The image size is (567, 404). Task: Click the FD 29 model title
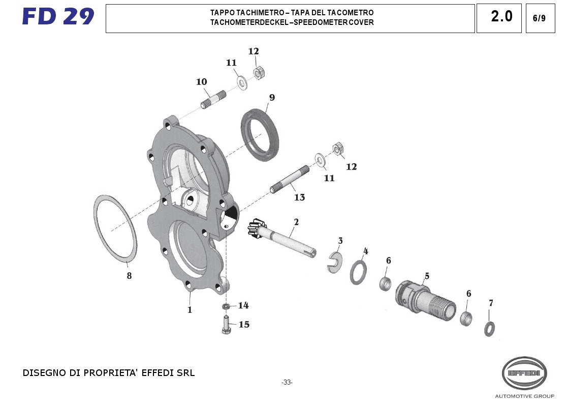[58, 17]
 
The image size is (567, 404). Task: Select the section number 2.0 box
[501, 17]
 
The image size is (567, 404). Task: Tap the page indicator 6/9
[540, 18]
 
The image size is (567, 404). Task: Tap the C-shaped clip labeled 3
[334, 262]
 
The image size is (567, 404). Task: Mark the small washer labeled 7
[490, 329]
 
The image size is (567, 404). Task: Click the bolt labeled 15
[226, 325]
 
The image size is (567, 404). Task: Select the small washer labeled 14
[226, 306]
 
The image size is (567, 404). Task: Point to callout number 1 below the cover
[190, 309]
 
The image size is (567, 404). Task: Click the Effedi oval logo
[524, 373]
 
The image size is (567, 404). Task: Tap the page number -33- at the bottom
[287, 383]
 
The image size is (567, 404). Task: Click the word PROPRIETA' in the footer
[118, 373]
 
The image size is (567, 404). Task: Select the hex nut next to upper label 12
[258, 73]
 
